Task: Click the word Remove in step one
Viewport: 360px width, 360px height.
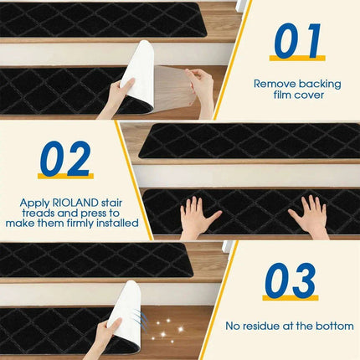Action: pos(273,84)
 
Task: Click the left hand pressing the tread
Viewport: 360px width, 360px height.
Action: pos(198,218)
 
